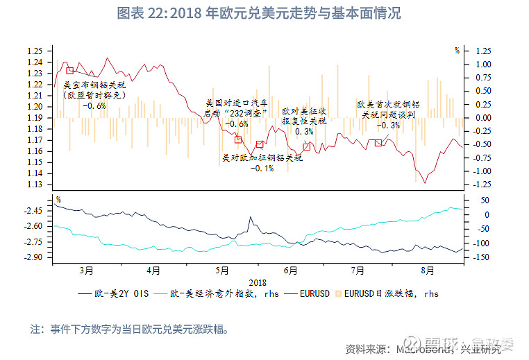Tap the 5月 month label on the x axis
(222, 270)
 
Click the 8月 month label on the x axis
(427, 270)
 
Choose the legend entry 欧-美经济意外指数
(209, 293)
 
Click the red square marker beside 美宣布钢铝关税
(69, 70)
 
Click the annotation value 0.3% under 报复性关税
(303, 131)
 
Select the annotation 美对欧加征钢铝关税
(262, 157)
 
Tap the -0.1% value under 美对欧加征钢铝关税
(262, 168)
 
